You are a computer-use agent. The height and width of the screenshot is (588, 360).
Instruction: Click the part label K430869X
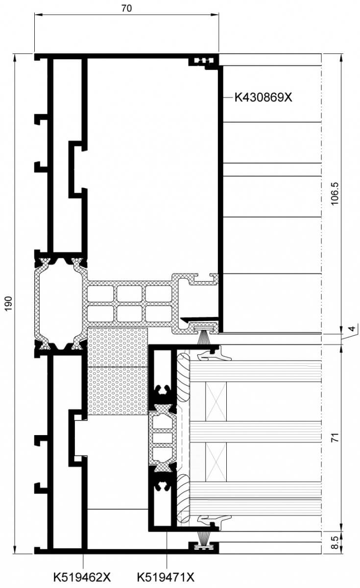coord(263,98)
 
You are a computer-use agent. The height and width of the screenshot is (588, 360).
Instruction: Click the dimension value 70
coord(126,8)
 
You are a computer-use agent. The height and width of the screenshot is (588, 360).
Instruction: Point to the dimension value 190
coord(9,304)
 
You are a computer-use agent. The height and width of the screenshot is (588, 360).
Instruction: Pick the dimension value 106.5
coord(335,194)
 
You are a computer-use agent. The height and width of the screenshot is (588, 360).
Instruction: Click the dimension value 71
coord(335,437)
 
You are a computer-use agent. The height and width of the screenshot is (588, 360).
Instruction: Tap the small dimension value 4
coord(352,328)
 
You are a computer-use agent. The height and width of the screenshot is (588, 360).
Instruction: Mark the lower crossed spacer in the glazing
coord(216,462)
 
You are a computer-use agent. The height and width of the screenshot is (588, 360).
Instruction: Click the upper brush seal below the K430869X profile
coord(204,337)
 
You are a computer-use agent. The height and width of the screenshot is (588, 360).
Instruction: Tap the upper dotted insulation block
coord(117,347)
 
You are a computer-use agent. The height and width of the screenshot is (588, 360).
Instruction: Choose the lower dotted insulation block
coord(117,391)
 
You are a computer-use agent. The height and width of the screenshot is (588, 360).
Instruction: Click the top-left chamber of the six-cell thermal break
coord(100,294)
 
